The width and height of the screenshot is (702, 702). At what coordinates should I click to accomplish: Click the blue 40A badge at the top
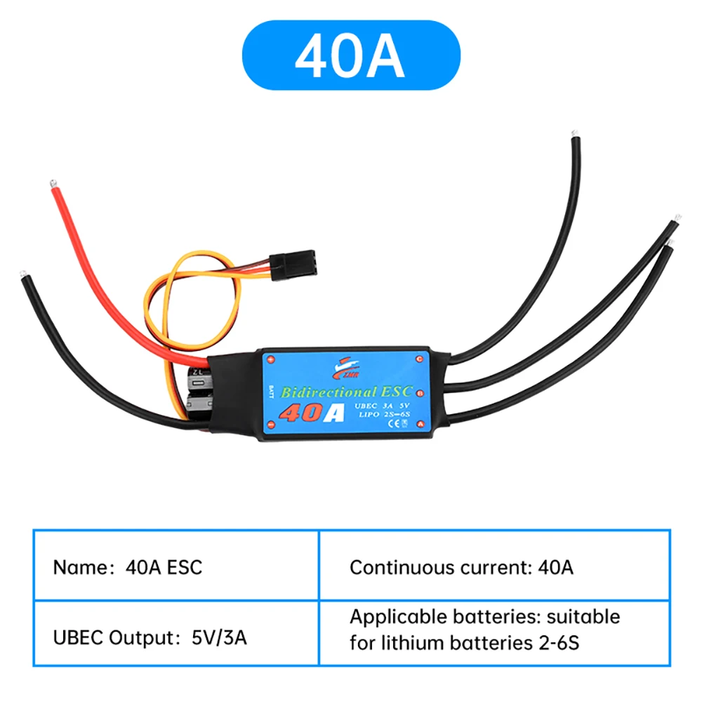(351, 55)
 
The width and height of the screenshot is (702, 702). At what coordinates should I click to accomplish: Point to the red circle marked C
(419, 359)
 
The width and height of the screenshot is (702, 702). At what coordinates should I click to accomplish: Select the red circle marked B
(419, 392)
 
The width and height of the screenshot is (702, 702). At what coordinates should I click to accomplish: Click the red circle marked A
(419, 424)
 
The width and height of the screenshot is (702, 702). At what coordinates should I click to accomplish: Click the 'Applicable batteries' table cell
(494, 629)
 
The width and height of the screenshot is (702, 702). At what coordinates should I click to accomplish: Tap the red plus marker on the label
(269, 359)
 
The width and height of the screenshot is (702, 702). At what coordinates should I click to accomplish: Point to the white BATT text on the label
(269, 392)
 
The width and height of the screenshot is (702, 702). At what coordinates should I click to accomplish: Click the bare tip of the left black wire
(24, 272)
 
